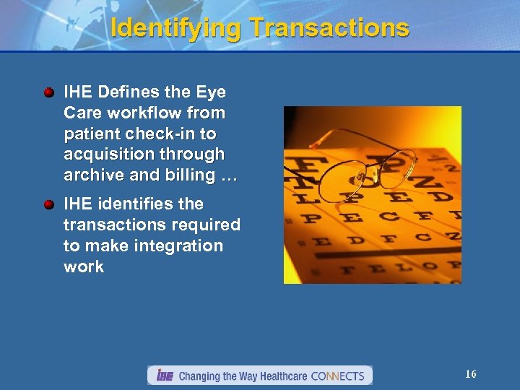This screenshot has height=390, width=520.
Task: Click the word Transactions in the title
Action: click(329, 28)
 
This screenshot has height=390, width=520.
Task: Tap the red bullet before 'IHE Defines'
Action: click(48, 93)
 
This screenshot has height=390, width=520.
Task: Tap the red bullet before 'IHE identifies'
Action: click(48, 205)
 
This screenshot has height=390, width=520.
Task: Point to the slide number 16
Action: click(471, 374)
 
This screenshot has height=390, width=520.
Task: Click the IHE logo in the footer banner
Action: click(165, 376)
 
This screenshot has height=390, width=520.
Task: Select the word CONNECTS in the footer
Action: click(340, 376)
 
